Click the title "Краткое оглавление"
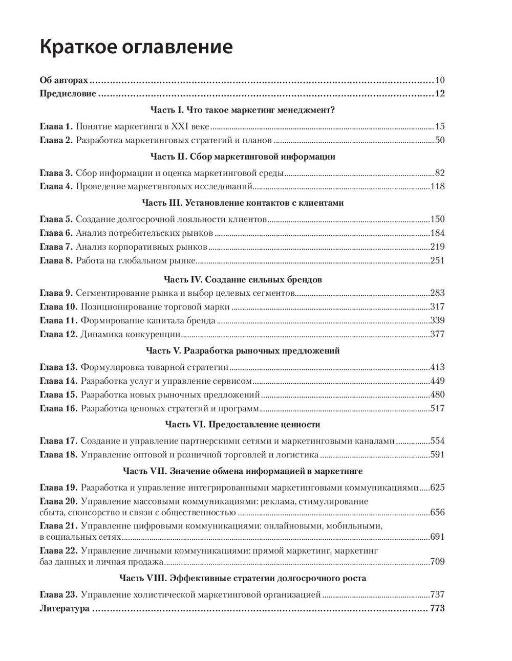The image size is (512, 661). [x=136, y=47]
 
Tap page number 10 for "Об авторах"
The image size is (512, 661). [x=440, y=80]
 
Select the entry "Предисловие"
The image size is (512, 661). [x=68, y=94]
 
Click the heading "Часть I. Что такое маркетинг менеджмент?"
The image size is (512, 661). [x=243, y=109]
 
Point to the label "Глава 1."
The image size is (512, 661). [x=56, y=126]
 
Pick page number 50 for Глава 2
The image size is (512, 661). [x=440, y=140]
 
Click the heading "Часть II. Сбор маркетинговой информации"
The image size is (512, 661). [x=243, y=157]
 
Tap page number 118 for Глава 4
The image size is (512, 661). [x=438, y=186]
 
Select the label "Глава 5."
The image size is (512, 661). [x=56, y=219]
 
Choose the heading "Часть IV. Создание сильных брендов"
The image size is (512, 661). [x=243, y=279]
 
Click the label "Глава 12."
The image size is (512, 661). [x=58, y=335]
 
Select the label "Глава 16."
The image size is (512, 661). [x=58, y=408]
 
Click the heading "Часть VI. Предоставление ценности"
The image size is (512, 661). [x=243, y=424]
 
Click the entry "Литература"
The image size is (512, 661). [x=65, y=608]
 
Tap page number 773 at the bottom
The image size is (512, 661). [x=437, y=608]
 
